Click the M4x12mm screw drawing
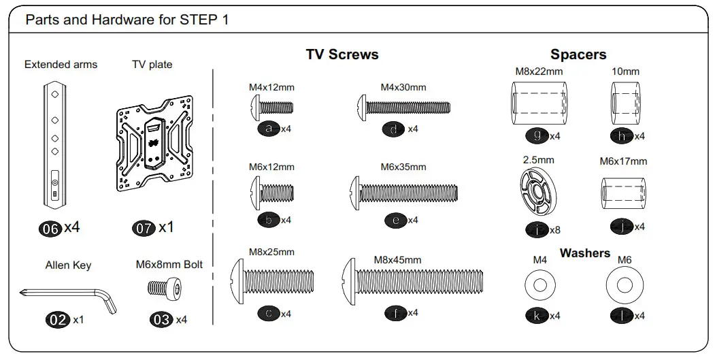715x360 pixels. pyautogui.click(x=272, y=108)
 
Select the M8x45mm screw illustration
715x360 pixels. pyautogui.click(x=412, y=280)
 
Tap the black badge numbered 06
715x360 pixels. pyautogui.click(x=50, y=229)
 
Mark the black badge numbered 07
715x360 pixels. pyautogui.click(x=144, y=229)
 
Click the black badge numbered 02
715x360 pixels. pyautogui.click(x=58, y=319)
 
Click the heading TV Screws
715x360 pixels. pyautogui.click(x=342, y=54)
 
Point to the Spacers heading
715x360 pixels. pyautogui.click(x=578, y=54)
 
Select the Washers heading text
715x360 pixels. pyautogui.click(x=584, y=253)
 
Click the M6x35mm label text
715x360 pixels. pyautogui.click(x=403, y=167)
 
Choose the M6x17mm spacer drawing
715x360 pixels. pyautogui.click(x=622, y=193)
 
